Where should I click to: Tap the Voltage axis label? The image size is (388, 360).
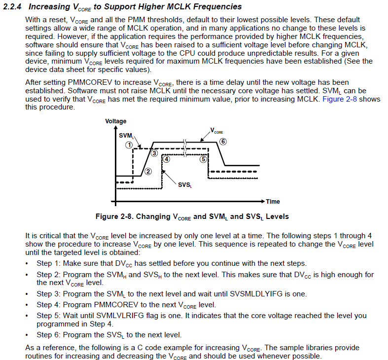115,121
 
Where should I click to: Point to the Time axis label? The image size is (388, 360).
273,201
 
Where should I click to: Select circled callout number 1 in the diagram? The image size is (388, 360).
128,145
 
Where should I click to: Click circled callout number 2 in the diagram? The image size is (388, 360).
147,170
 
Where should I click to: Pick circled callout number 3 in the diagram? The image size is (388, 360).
154,153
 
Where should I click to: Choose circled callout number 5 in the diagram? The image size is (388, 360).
203,159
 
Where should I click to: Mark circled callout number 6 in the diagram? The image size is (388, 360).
223,142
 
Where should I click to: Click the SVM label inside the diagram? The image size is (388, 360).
125,136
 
